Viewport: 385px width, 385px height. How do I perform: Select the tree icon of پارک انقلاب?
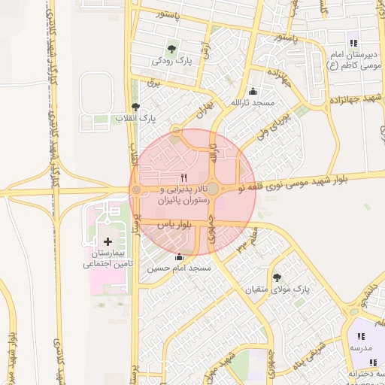[x=135, y=108]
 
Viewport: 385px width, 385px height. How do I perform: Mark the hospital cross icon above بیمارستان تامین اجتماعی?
[x=108, y=241]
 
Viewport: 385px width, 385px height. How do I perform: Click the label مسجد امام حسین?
[x=179, y=268]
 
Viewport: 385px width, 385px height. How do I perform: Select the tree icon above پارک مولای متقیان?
[x=277, y=277]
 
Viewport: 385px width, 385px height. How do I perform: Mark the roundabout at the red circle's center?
[x=213, y=188]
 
